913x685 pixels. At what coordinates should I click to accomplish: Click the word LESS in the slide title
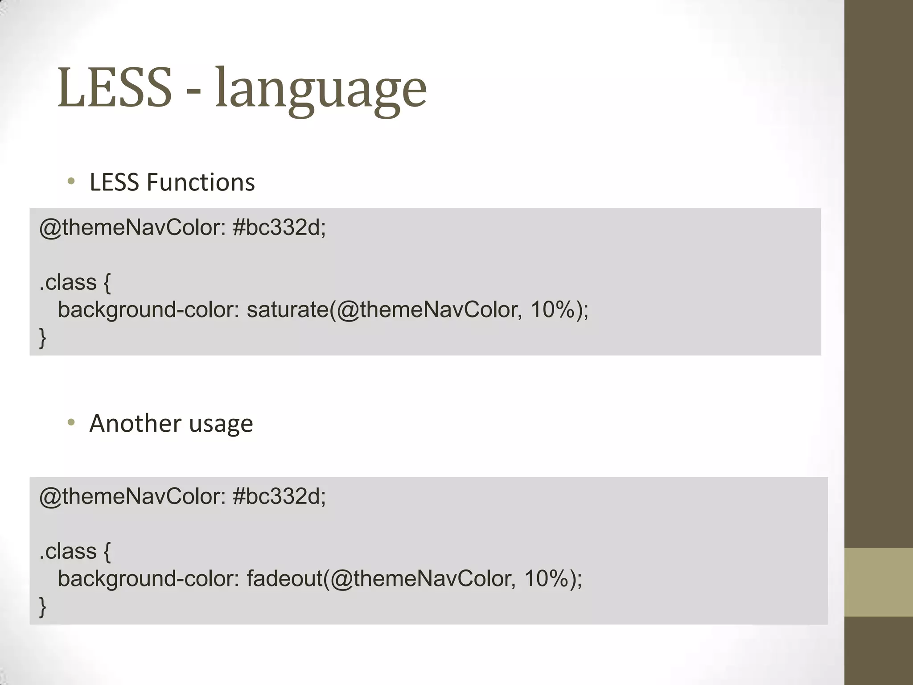click(115, 88)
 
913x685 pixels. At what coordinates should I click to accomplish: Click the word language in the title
click(321, 89)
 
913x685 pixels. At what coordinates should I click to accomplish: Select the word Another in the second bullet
click(135, 423)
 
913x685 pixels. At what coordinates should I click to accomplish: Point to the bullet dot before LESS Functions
click(71, 182)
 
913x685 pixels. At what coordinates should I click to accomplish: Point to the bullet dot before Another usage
click(71, 422)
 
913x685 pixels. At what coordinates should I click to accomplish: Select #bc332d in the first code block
click(279, 228)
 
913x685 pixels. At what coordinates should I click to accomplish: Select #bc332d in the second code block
click(279, 496)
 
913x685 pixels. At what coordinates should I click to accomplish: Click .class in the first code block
click(68, 282)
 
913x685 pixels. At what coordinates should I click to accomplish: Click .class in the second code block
click(68, 551)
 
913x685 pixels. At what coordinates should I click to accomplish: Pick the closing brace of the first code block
click(43, 338)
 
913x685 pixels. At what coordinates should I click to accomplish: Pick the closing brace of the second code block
click(43, 607)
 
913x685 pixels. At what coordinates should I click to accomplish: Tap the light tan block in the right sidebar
click(879, 582)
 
